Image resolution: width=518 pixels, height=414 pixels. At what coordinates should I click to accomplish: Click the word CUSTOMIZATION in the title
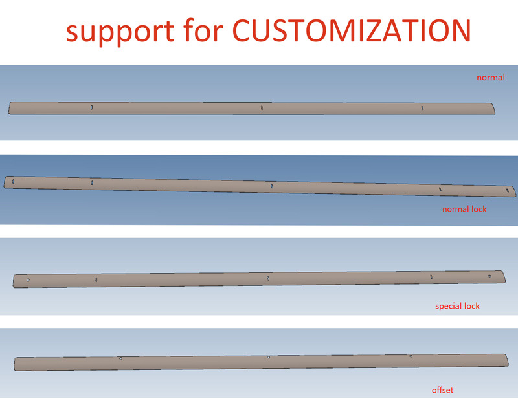tap(352, 30)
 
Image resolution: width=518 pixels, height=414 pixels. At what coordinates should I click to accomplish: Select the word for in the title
tap(203, 30)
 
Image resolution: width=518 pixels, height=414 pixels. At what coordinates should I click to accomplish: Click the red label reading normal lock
tap(464, 209)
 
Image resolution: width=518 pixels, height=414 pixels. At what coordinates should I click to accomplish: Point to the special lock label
tap(457, 306)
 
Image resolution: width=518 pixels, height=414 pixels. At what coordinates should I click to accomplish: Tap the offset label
tap(442, 390)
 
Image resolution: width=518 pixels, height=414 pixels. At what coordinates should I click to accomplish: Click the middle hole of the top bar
tap(262, 107)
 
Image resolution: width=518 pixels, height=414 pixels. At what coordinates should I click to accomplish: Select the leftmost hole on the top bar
tap(91, 107)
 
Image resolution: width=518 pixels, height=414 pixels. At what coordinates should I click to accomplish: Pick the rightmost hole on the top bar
tap(422, 108)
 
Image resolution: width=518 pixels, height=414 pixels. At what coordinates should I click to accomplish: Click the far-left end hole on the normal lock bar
tap(13, 181)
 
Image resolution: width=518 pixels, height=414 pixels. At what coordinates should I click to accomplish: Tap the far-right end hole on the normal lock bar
tap(508, 190)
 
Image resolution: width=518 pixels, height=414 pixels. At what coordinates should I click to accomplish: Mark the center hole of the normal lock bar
tap(271, 186)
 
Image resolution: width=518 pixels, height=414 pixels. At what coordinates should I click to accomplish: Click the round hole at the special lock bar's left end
tap(28, 280)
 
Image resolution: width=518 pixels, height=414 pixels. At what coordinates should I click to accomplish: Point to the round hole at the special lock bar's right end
tap(490, 276)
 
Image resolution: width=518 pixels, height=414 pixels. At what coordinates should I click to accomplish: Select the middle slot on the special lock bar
tap(268, 278)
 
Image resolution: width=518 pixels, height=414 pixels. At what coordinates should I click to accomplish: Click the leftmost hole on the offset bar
tap(120, 358)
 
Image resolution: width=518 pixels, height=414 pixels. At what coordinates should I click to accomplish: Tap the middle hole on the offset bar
tap(268, 357)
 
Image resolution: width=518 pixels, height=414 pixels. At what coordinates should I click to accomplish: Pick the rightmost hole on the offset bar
tap(411, 356)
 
